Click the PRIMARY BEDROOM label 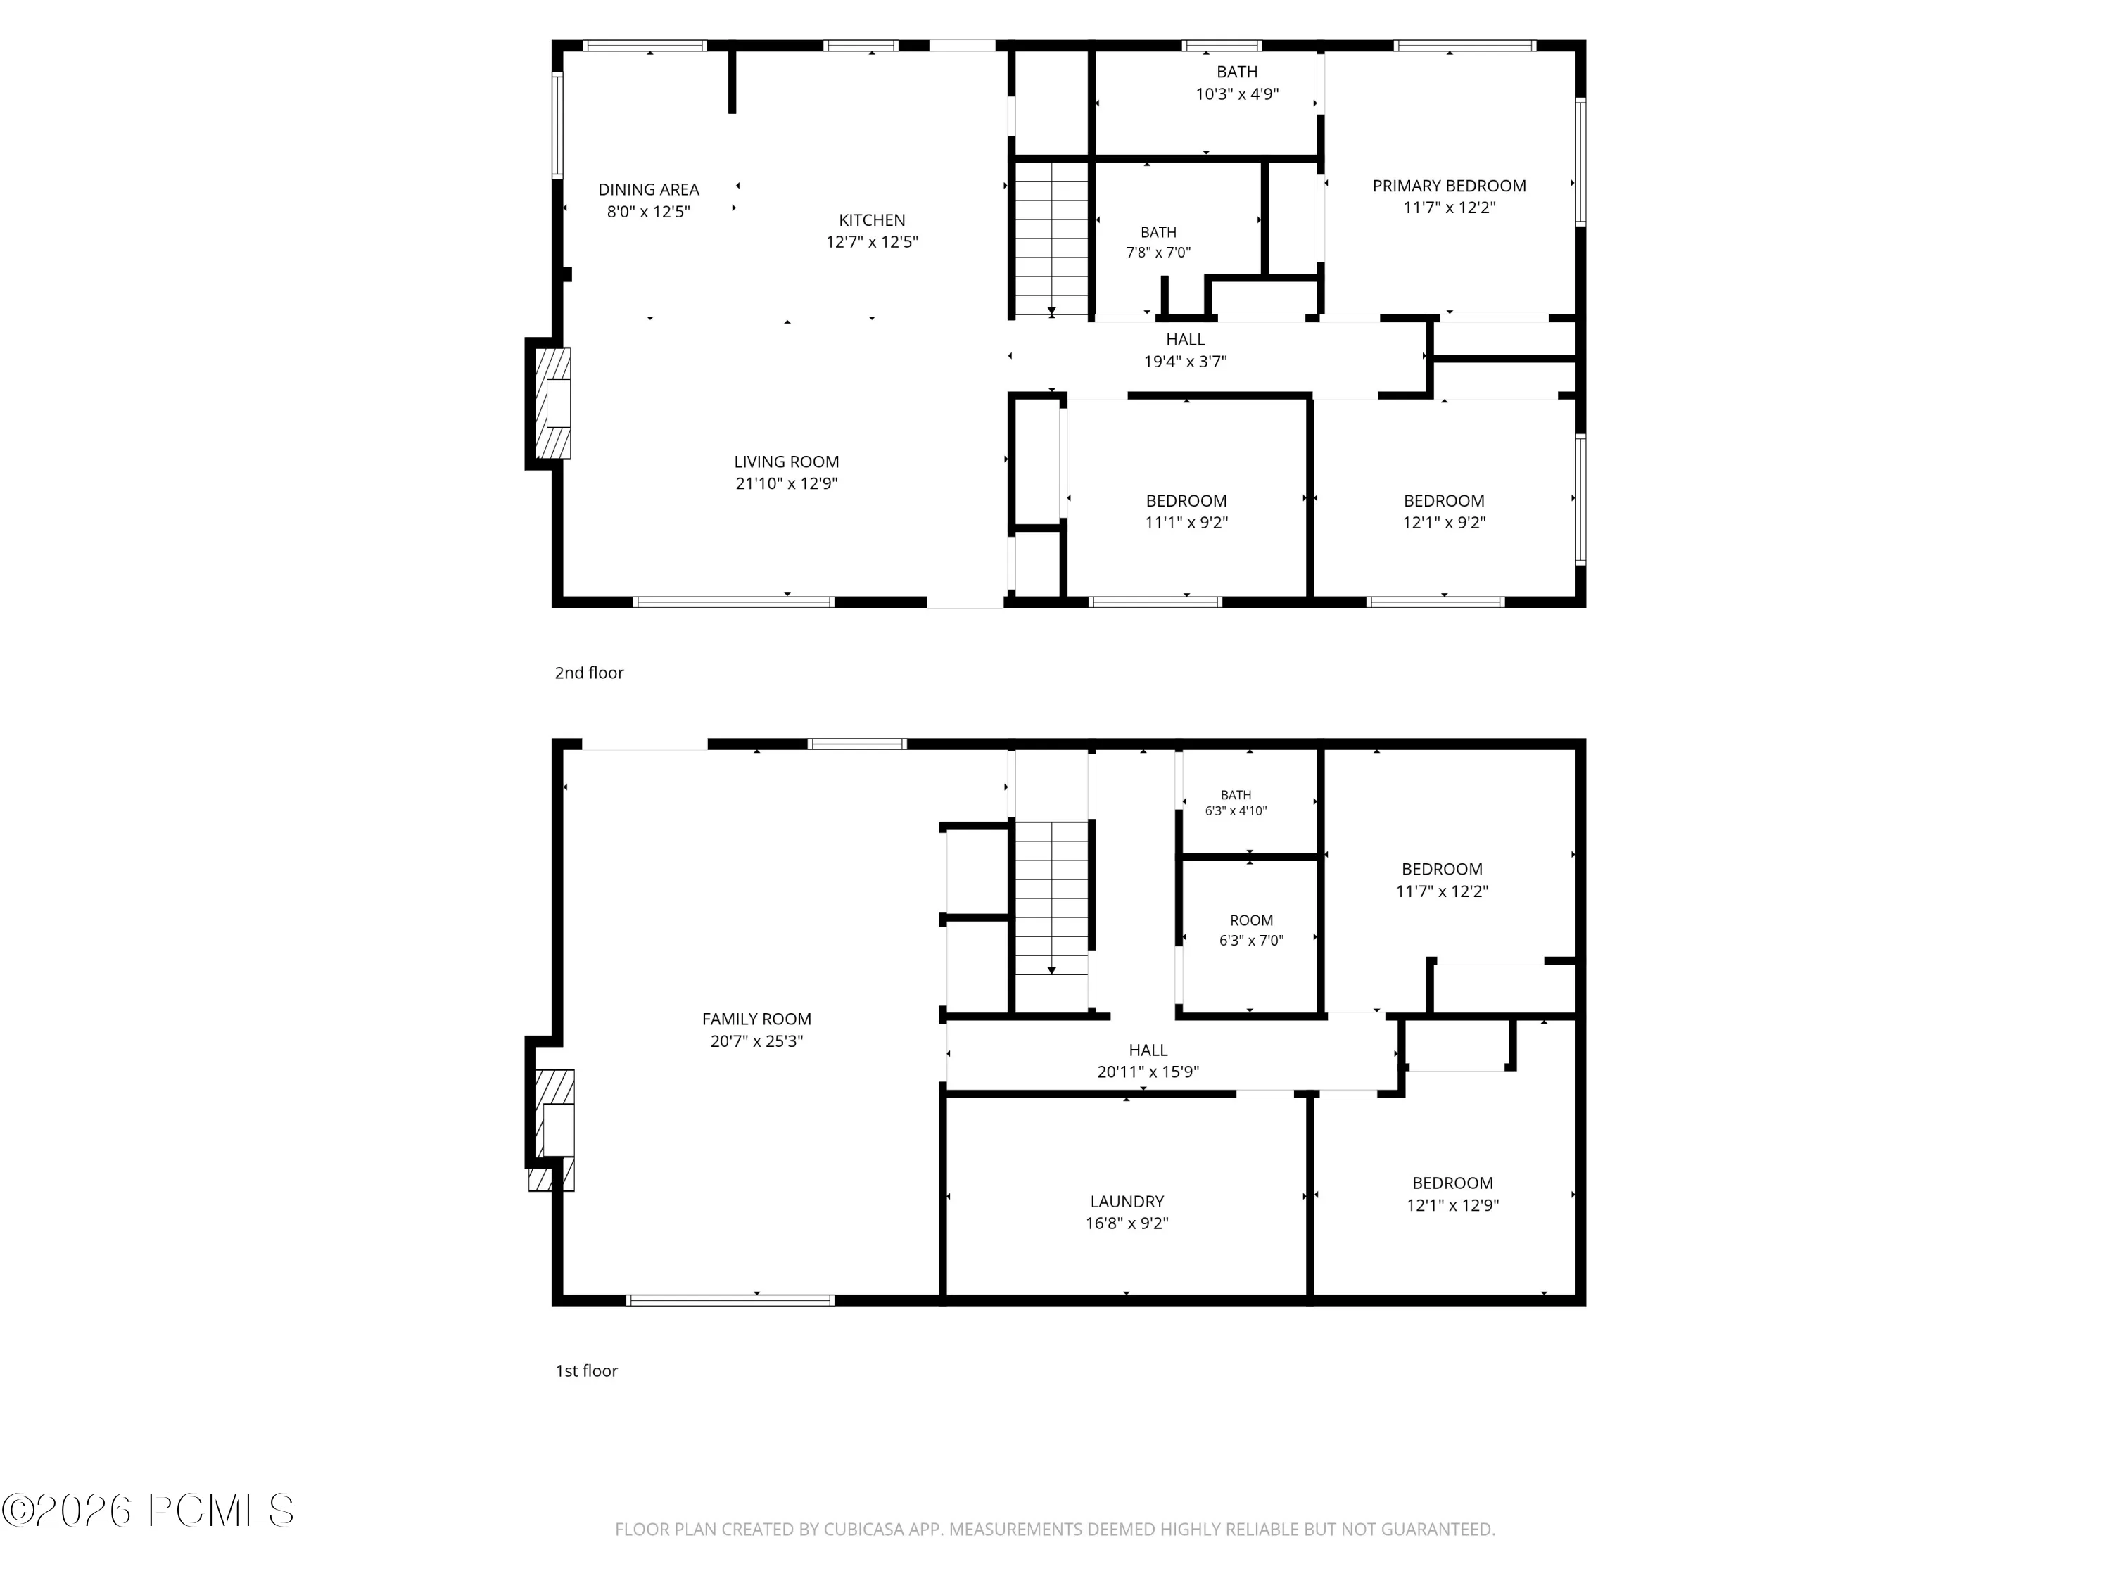(1449, 186)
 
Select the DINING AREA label (649, 190)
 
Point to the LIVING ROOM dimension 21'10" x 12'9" (787, 484)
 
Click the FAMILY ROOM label (756, 1019)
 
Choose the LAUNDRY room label (1127, 1202)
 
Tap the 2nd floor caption (589, 673)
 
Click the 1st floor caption (587, 1371)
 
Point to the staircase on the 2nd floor (1051, 239)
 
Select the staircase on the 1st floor (1051, 898)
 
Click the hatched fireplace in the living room (552, 402)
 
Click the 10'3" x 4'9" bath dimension (1237, 94)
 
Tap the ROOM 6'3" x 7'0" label (1251, 930)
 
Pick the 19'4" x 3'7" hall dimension (1185, 362)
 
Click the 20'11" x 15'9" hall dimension (1148, 1072)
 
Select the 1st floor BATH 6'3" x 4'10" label (1236, 803)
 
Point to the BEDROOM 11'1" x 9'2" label (1186, 511)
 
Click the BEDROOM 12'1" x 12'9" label (1452, 1194)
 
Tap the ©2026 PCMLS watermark (148, 1511)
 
